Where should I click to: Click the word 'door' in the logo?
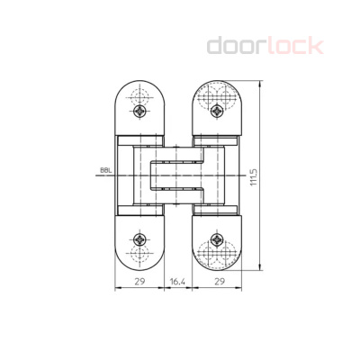[236, 46]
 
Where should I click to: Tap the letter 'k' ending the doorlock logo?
[316, 46]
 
